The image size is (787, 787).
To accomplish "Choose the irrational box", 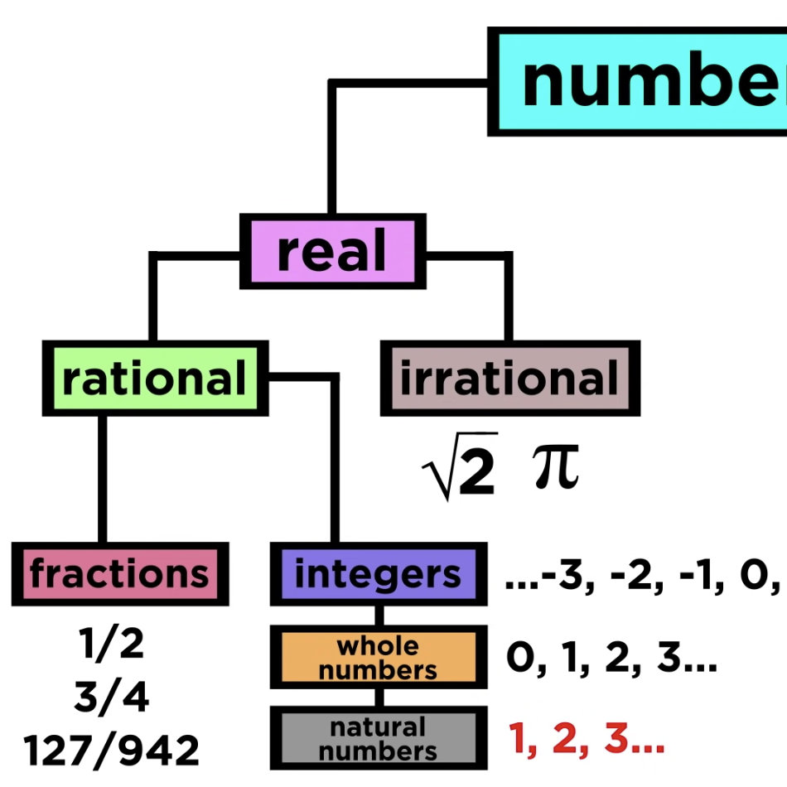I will tap(509, 378).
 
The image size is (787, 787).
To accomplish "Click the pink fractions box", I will tap(119, 572).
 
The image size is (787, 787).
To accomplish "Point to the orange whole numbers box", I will tap(378, 658).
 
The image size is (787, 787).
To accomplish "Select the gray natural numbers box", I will tap(378, 739).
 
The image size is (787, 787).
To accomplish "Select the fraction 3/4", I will tap(111, 698).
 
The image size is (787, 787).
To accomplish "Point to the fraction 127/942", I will tap(111, 751).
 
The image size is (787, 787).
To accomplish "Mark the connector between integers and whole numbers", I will tap(378, 615).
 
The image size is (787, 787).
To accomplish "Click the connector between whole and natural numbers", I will tap(378, 698).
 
